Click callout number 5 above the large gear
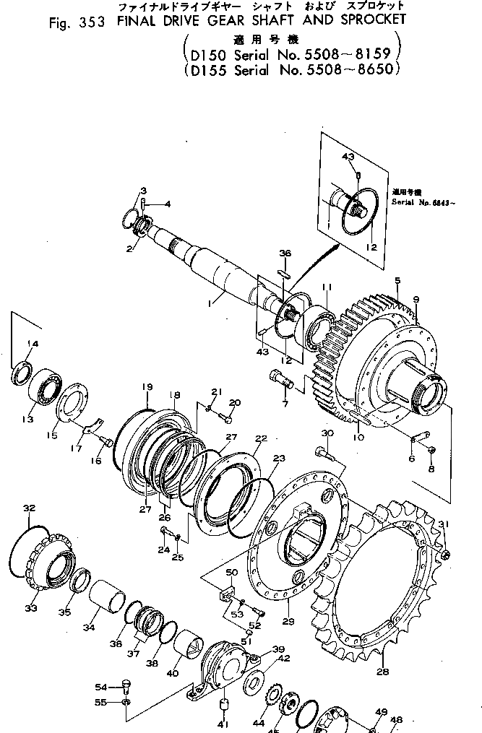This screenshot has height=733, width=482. pyautogui.click(x=397, y=279)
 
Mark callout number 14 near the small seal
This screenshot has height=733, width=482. pyautogui.click(x=32, y=343)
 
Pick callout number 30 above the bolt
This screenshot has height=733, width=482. pyautogui.click(x=327, y=433)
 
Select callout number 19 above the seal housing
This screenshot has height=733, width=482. pyautogui.click(x=147, y=386)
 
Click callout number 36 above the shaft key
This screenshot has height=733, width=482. pyautogui.click(x=285, y=253)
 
